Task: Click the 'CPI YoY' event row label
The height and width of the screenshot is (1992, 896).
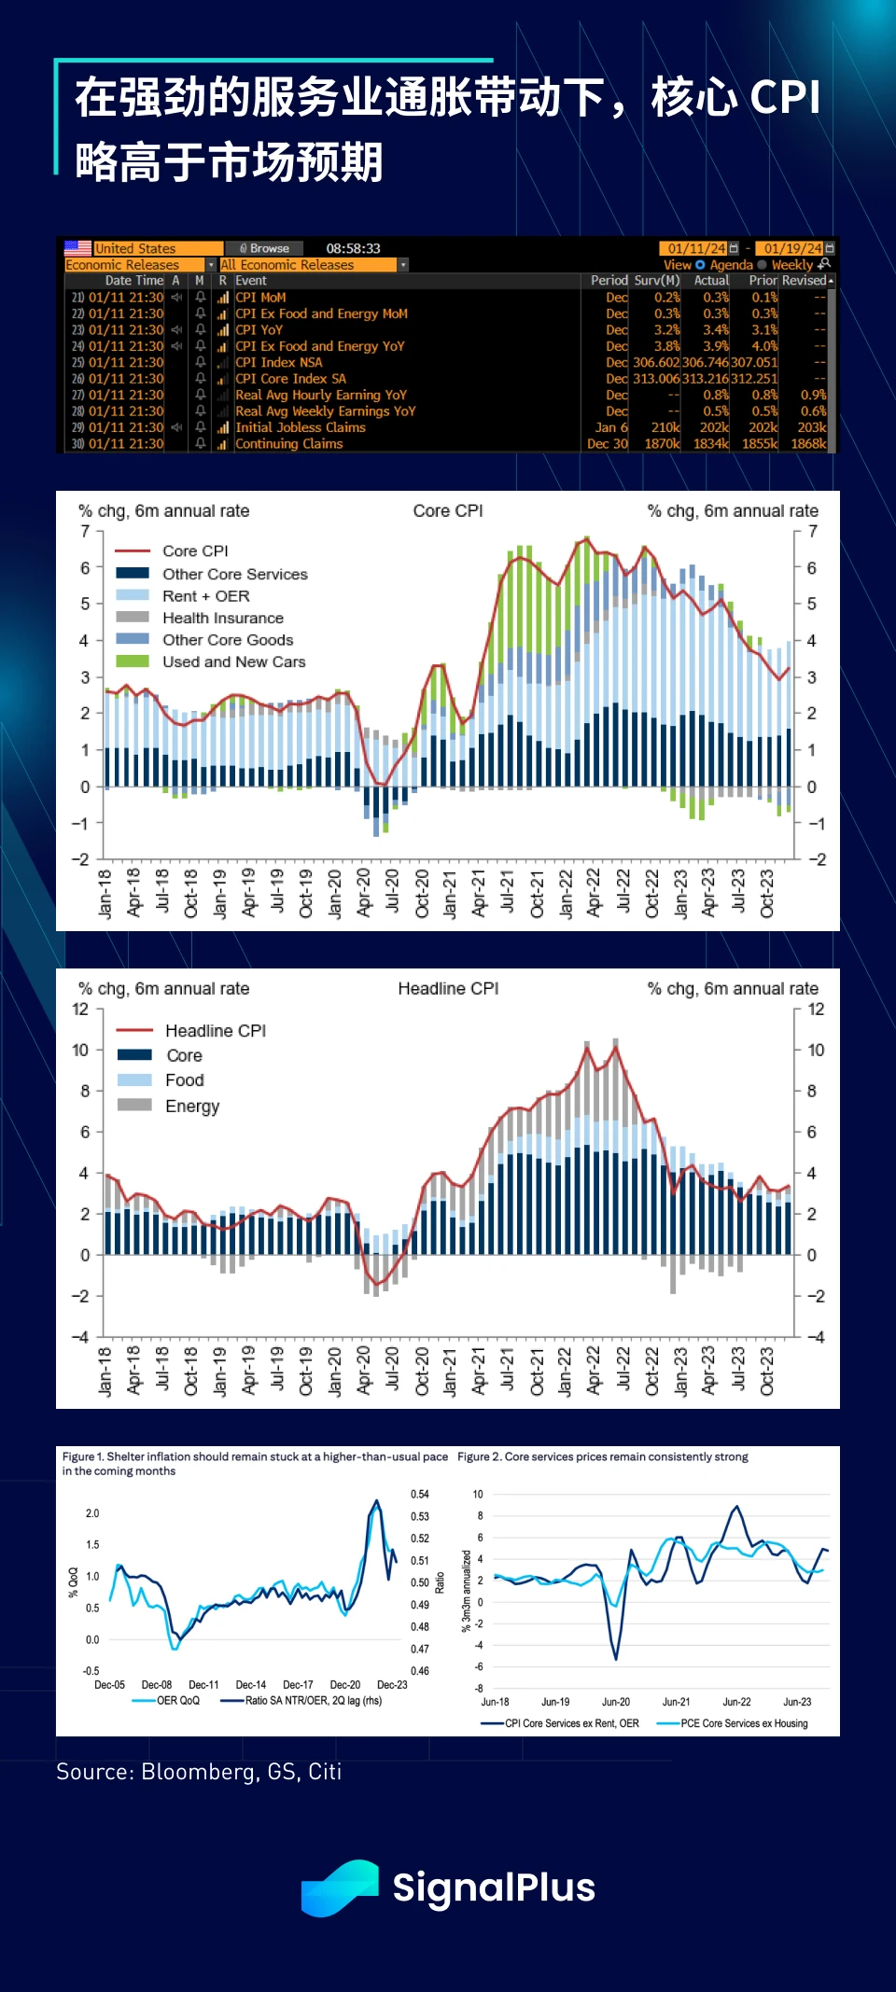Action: coord(259,330)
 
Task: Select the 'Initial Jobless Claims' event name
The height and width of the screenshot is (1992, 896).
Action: coord(300,427)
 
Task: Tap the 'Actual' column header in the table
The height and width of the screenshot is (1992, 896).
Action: coord(711,280)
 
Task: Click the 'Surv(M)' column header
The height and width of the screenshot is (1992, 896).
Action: coord(657,280)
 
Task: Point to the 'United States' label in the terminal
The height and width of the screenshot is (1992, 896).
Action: coord(135,248)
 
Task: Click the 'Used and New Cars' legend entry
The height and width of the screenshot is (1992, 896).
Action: coord(233,662)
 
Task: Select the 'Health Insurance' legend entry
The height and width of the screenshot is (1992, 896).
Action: coord(222,618)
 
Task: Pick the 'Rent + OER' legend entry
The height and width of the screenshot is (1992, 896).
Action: coord(205,596)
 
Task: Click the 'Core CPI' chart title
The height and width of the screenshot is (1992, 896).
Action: coord(448,511)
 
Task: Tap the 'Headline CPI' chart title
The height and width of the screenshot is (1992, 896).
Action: coord(448,989)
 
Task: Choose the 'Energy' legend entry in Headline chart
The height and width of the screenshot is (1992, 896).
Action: coord(192,1107)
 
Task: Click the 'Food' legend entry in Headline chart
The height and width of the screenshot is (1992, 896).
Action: coord(184,1080)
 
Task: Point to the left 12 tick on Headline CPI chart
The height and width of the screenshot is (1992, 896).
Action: coord(80,1010)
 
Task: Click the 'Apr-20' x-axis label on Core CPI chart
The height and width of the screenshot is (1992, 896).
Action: coord(363,893)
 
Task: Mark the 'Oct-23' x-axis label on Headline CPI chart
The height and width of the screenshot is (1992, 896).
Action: coord(767,1371)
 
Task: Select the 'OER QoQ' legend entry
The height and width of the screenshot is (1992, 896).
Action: coord(177,1700)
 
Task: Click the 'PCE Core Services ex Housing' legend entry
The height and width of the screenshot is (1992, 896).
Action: coord(744,1723)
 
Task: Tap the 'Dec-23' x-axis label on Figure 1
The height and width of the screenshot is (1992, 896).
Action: coord(392,1685)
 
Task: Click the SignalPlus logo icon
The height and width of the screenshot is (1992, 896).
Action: coord(339,1888)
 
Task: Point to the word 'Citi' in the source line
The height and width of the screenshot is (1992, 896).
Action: coord(325,1772)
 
